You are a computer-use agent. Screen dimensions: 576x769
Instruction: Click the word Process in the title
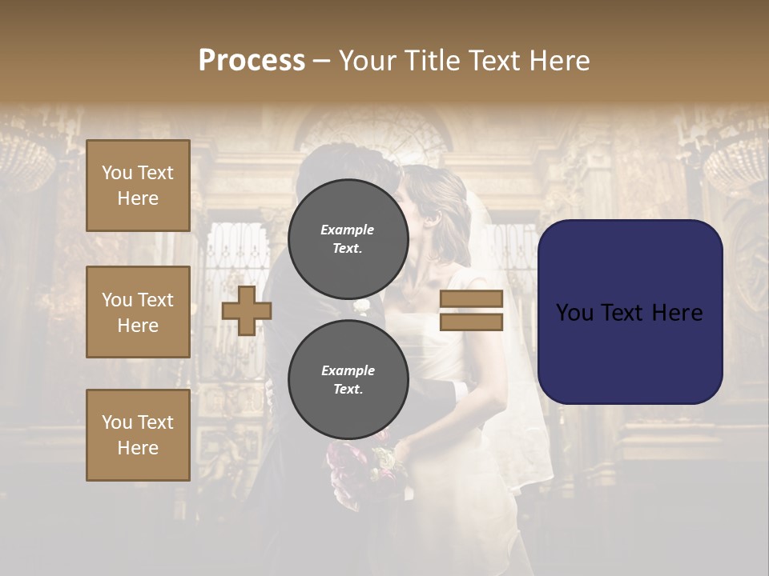(x=252, y=61)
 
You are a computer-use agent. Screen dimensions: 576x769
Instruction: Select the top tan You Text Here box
(x=138, y=186)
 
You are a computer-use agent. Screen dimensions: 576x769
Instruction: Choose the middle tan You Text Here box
(x=138, y=312)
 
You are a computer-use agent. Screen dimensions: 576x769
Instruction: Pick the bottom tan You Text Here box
(x=138, y=435)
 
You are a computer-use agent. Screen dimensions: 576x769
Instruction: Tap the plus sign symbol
(x=247, y=310)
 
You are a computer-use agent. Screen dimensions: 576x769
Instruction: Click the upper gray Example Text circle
(x=348, y=238)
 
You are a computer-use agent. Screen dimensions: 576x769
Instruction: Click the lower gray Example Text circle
(x=348, y=379)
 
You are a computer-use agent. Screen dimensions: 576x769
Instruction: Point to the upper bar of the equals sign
(x=471, y=298)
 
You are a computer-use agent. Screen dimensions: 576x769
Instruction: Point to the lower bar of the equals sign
(x=471, y=322)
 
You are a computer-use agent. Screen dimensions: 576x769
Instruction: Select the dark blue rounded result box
(x=630, y=312)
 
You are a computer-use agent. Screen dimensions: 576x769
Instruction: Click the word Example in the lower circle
(x=348, y=370)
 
